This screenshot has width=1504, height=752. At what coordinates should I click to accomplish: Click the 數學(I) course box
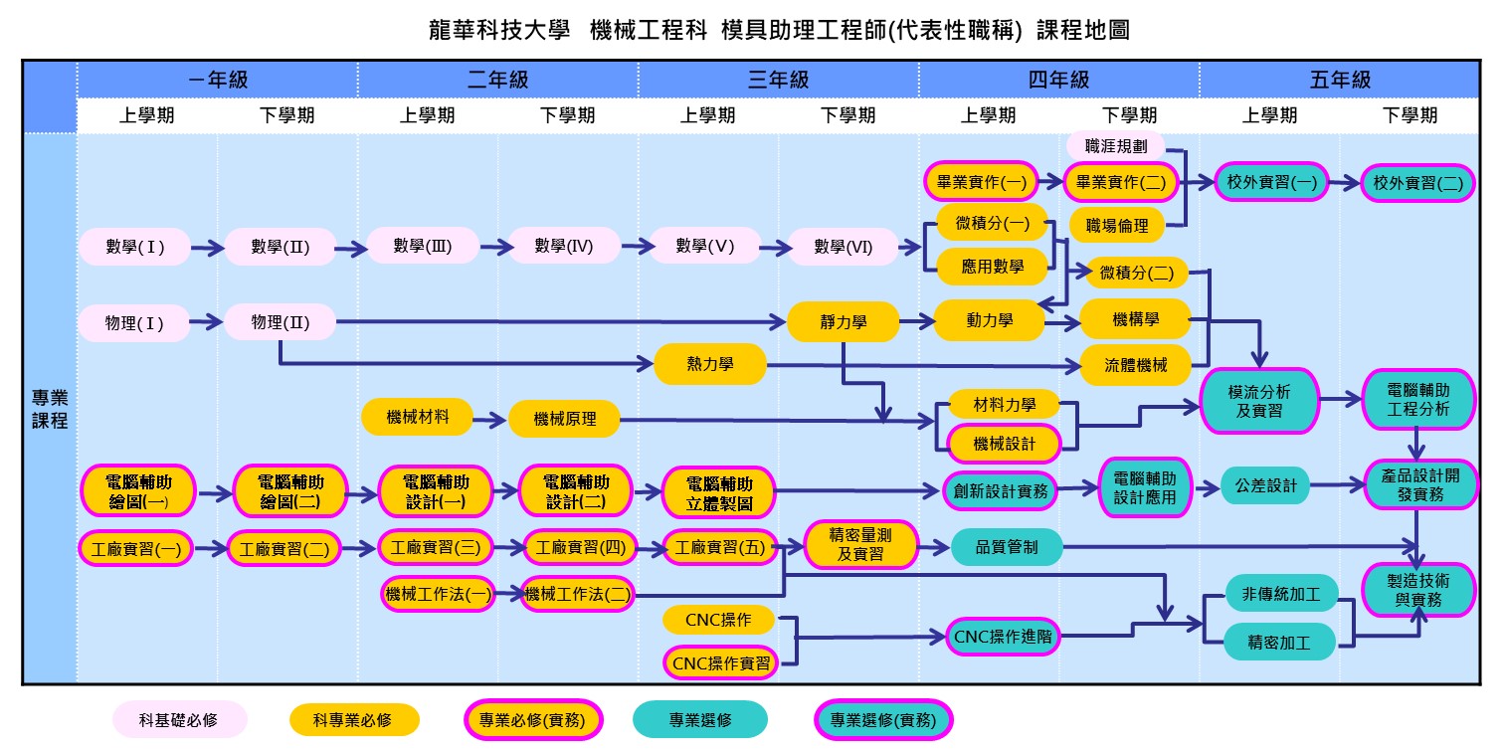coord(134,247)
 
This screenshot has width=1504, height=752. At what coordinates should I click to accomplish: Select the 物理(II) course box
coord(280,322)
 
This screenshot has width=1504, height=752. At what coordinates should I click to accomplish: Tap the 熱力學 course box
coord(710,365)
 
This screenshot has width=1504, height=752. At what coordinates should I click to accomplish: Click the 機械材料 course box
coord(417,417)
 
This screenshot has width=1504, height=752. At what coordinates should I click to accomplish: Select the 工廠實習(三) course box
coord(436,547)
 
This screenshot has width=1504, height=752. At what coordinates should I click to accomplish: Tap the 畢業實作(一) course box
coord(981,182)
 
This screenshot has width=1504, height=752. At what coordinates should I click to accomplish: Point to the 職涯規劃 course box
coord(1116,145)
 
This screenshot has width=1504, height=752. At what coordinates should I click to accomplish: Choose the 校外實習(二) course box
coord(1417,183)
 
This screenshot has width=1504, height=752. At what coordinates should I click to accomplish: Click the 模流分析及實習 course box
coord(1259,400)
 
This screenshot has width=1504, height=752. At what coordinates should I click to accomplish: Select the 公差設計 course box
coord(1265,486)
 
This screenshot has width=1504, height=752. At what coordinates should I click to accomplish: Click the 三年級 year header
coord(778,80)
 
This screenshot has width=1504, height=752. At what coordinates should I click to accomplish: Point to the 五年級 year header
coord(1340,80)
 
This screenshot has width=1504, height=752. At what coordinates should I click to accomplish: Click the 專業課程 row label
coord(50,408)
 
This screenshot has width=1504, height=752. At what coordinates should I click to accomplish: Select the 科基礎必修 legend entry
coord(179,720)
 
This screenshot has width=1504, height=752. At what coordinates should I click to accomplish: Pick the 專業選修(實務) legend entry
coord(883,720)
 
